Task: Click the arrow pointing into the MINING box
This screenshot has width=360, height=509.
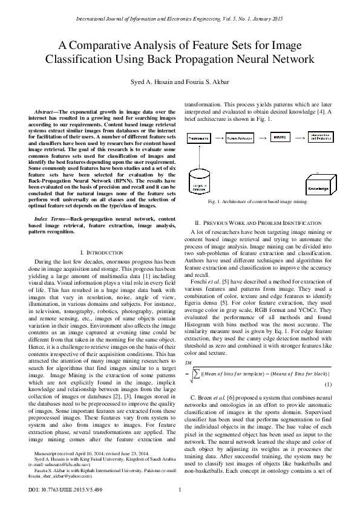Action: pyautogui.click(x=257, y=138)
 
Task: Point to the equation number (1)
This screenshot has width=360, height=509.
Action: pyautogui.click(x=327, y=384)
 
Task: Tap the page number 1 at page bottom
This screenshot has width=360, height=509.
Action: pyautogui.click(x=180, y=497)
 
